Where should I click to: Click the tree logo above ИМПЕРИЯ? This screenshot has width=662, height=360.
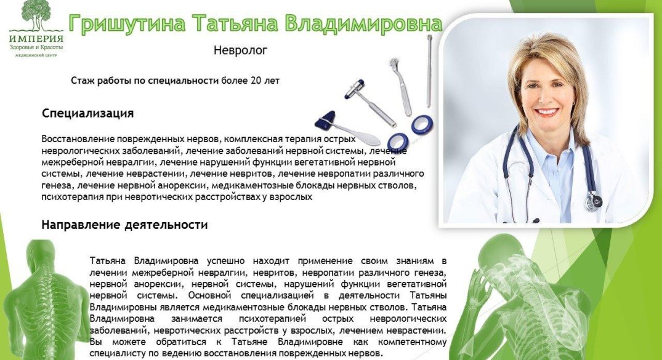pyautogui.click(x=37, y=15)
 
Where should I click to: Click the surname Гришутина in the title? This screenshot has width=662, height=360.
pyautogui.click(x=127, y=23)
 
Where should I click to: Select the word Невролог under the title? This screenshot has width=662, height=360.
pyautogui.click(x=240, y=50)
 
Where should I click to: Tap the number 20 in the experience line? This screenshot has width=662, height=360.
pyautogui.click(x=256, y=80)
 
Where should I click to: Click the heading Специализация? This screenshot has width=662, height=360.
pyautogui.click(x=88, y=113)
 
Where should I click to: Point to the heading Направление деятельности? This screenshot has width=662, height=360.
pyautogui.click(x=124, y=225)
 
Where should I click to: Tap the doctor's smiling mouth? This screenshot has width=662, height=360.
pyautogui.click(x=546, y=112)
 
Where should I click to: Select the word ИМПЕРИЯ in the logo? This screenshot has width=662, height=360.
pyautogui.click(x=36, y=38)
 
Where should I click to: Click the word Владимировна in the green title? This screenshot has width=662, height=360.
pyautogui.click(x=363, y=23)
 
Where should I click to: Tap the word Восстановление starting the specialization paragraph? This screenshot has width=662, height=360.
pyautogui.click(x=78, y=139)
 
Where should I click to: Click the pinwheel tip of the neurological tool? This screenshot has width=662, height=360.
pyautogui.click(x=395, y=63)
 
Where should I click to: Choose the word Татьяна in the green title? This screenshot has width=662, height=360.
pyautogui.click(x=235, y=23)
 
